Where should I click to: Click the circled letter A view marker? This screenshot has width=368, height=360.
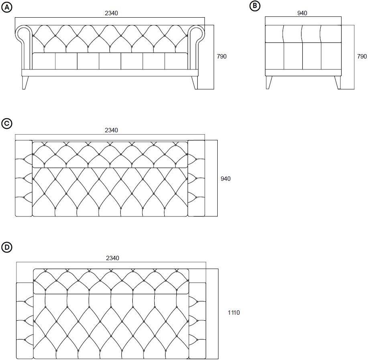coord(7,7)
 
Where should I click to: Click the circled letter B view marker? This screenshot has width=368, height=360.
coord(255,6)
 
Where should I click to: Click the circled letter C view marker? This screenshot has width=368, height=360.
coord(7,123)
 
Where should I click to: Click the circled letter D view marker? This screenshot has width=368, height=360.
coord(7,247)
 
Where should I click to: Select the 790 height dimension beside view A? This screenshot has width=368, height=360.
coord(222,57)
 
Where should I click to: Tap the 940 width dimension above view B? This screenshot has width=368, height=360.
coord(302,13)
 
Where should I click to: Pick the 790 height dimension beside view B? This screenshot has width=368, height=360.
coord(362,57)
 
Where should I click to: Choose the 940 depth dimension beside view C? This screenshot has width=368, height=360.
coord(226,179)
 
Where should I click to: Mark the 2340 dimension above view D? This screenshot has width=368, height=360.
coord(112,258)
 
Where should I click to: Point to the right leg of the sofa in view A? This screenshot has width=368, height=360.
coord(194,82)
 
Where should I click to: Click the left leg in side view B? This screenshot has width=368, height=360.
coord(269,82)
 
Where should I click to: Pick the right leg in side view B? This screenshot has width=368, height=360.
coord(338,82)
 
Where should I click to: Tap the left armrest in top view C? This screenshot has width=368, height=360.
coord(23,178)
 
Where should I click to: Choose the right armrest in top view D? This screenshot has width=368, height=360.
coord(197,321)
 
